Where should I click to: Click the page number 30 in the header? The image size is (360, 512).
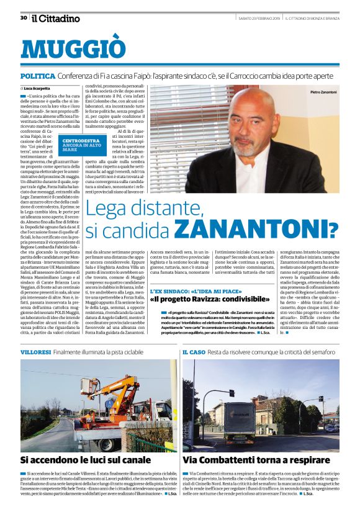tap(24, 18)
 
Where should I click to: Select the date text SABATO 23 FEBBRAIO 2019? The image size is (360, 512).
tap(259, 18)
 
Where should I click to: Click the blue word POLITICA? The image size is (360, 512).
tap(37, 76)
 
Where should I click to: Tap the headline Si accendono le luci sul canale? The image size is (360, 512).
tap(86, 460)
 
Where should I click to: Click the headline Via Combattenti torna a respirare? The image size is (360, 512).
tap(257, 460)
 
